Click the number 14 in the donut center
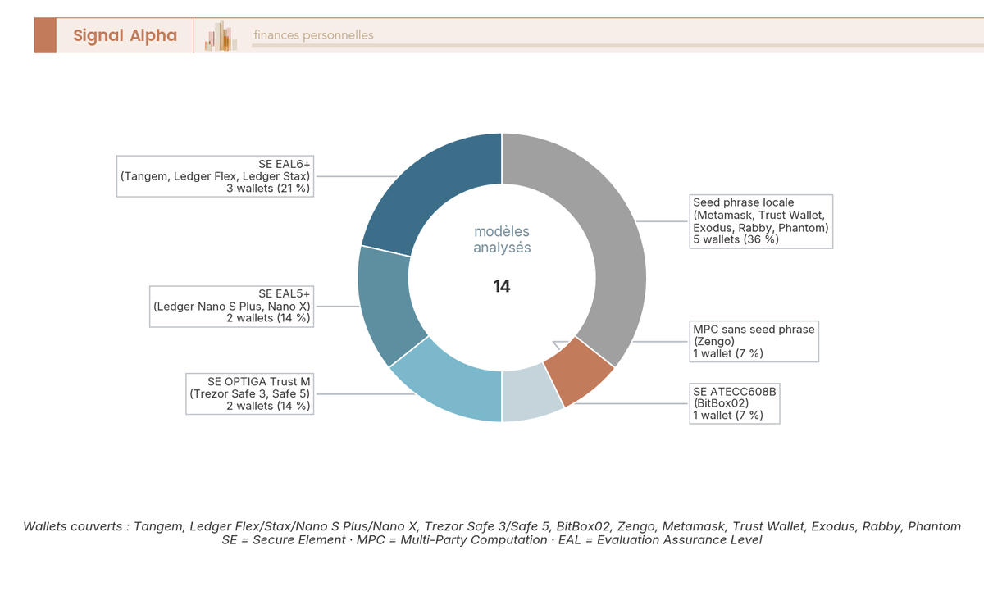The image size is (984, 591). [502, 286]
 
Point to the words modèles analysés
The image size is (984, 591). [502, 239]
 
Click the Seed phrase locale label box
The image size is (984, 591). [761, 221]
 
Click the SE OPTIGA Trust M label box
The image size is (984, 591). [250, 394]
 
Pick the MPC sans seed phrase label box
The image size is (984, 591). [754, 341]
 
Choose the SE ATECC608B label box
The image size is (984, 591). [734, 403]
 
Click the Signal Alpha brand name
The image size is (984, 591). [125, 35]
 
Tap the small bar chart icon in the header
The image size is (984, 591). [221, 36]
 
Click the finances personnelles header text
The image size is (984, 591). [313, 35]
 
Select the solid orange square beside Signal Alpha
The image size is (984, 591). [45, 35]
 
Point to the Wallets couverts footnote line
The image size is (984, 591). [492, 526]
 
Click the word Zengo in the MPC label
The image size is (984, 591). [713, 341]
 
